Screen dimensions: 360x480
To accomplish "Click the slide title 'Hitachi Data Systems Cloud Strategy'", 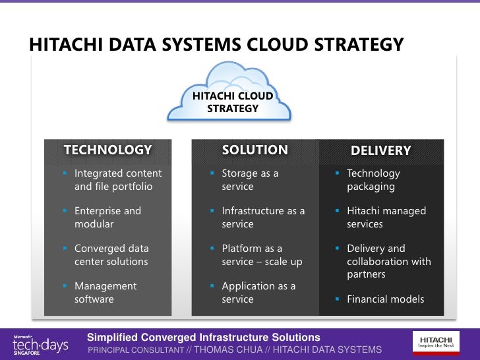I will [x=216, y=45].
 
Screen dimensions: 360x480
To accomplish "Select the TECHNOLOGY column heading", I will [x=107, y=150].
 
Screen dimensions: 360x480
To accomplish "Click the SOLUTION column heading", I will [x=255, y=150].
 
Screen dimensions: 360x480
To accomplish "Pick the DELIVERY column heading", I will [x=380, y=150].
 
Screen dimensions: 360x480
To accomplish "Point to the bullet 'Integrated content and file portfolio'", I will [x=117, y=180].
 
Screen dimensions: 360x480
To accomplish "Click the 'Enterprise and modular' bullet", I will [x=107, y=218].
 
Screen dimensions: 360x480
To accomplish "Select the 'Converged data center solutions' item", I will [x=111, y=255].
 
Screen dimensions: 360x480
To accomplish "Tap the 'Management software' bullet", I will [x=105, y=293].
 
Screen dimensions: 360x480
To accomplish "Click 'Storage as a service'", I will [x=250, y=180].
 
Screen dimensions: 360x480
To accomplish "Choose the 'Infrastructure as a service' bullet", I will [x=263, y=218].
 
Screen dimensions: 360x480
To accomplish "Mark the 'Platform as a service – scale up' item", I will [x=262, y=255].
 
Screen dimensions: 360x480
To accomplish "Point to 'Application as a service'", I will [x=258, y=293].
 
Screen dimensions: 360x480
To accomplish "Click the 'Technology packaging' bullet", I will [x=373, y=180].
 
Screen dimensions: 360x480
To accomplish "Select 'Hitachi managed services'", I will [x=386, y=218].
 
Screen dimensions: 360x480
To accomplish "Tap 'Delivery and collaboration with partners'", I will [x=389, y=261].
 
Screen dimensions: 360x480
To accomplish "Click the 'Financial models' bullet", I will [x=386, y=299].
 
